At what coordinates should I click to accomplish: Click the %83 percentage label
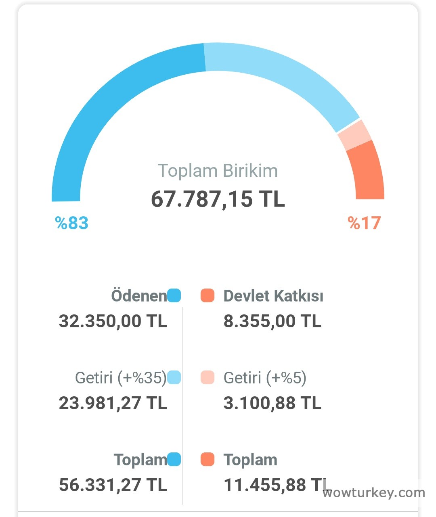(x=72, y=223)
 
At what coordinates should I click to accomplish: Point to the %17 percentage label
(x=364, y=223)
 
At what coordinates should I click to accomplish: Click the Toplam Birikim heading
(x=218, y=171)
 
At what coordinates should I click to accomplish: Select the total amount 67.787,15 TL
(x=218, y=199)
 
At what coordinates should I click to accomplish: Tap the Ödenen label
(x=139, y=296)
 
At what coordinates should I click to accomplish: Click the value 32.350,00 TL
(x=113, y=321)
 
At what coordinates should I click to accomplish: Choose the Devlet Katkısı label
(x=273, y=296)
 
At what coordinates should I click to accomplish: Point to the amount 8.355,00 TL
(x=272, y=321)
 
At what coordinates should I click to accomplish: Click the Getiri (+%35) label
(x=121, y=378)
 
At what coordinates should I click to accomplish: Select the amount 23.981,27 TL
(x=113, y=403)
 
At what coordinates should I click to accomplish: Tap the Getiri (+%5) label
(x=265, y=378)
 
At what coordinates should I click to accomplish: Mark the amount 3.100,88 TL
(x=272, y=403)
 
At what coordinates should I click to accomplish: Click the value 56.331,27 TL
(x=113, y=485)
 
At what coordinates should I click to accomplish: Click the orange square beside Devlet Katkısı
(x=208, y=296)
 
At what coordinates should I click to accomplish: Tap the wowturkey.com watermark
(x=374, y=493)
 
